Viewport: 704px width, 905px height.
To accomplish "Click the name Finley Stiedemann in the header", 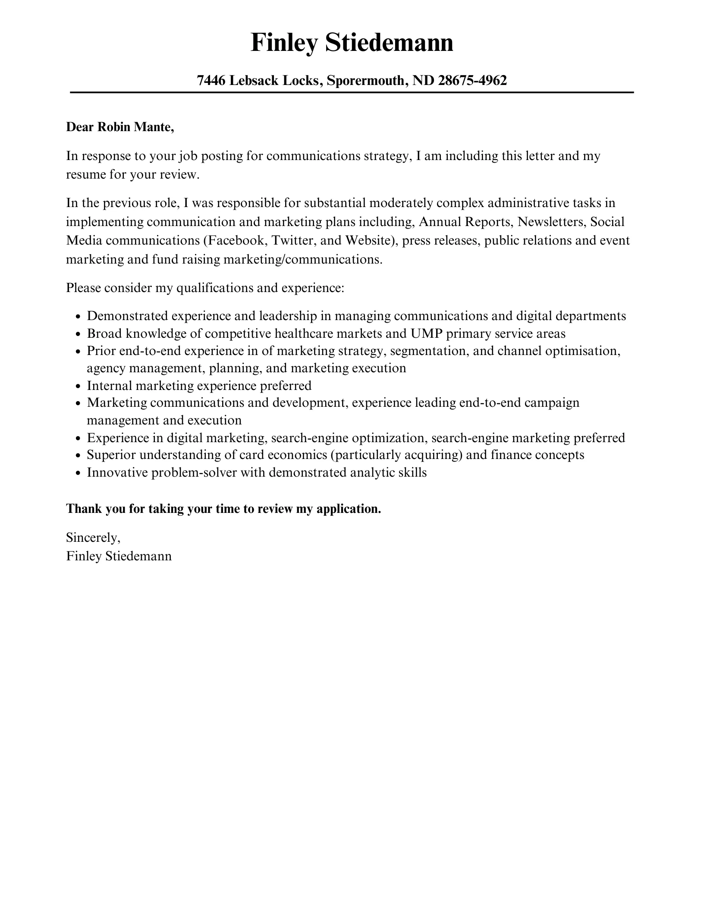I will (x=352, y=43).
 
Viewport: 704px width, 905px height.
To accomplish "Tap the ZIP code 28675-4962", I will (x=472, y=80).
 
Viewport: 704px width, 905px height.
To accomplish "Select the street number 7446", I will (x=211, y=80).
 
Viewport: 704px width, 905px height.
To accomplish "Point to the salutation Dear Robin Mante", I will (x=120, y=127).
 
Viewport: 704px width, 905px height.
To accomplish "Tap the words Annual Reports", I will (x=465, y=222).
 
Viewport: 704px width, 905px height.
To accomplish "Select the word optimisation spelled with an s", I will (x=582, y=351).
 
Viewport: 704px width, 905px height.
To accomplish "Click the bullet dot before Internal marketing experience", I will (x=78, y=386).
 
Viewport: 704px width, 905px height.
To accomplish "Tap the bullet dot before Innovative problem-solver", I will (x=78, y=473).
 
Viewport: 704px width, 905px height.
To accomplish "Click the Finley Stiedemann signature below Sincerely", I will (x=119, y=556).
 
